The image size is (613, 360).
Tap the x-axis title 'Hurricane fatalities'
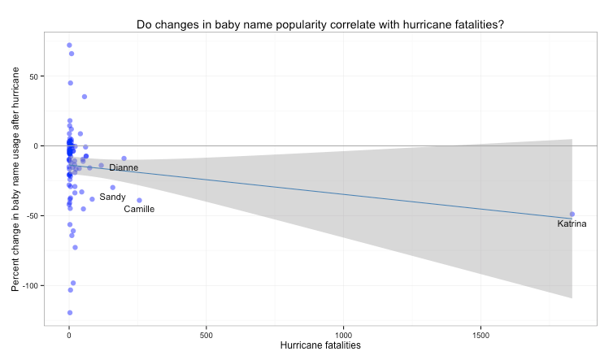pyautogui.click(x=320, y=345)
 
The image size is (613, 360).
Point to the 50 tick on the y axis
pyautogui.click(x=37, y=76)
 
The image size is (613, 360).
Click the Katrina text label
pyautogui.click(x=572, y=223)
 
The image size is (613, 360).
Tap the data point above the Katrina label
pyautogui.click(x=572, y=214)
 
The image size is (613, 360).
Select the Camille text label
pyautogui.click(x=139, y=210)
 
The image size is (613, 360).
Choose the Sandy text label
pyautogui.click(x=112, y=197)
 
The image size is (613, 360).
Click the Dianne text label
pyautogui.click(x=124, y=168)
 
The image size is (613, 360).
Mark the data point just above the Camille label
pyautogui.click(x=139, y=200)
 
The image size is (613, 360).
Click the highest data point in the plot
pyautogui.click(x=69, y=46)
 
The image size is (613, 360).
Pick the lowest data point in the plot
pyautogui.click(x=69, y=312)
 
